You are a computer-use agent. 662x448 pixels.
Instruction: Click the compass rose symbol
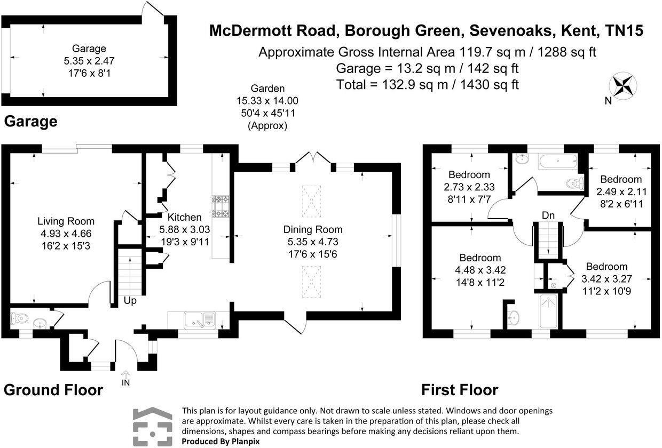[x=622, y=86]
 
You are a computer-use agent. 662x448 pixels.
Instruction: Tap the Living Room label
[x=66, y=221]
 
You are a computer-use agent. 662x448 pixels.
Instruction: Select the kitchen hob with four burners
[x=220, y=206]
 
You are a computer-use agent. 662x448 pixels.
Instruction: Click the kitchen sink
[x=200, y=320]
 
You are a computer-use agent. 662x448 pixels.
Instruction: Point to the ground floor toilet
[x=19, y=318]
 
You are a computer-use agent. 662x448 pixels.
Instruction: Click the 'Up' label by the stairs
[x=130, y=301]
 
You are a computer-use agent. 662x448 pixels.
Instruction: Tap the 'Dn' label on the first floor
[x=548, y=215]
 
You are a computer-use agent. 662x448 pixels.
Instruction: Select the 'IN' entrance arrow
[x=125, y=379]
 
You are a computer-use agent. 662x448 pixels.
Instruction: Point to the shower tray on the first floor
[x=549, y=311]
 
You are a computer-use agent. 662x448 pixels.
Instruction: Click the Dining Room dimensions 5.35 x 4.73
[x=313, y=242]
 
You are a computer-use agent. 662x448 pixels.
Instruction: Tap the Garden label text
[x=268, y=89]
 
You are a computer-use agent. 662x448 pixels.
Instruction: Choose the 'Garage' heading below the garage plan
[x=31, y=122]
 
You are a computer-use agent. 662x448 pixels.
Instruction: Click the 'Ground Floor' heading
[x=53, y=390]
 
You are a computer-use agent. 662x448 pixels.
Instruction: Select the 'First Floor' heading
[x=460, y=390]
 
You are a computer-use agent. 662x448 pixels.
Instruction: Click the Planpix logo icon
[x=153, y=427]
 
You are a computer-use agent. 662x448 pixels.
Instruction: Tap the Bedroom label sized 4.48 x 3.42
[x=480, y=258]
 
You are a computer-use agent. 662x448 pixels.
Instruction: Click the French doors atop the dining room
[x=313, y=162]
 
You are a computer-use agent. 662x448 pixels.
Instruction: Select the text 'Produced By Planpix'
[x=221, y=442]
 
